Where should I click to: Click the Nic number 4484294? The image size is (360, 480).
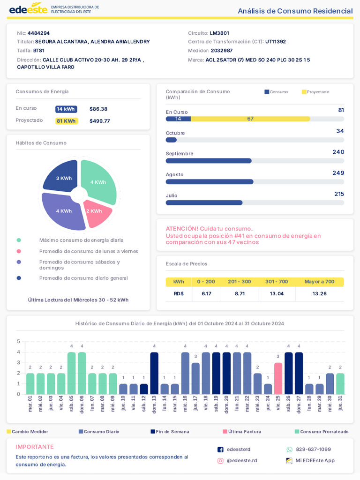[38, 33]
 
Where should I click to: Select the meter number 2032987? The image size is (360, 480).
[222, 51]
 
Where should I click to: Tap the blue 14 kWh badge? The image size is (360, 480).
[66, 109]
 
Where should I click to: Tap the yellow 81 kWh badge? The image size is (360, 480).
[66, 121]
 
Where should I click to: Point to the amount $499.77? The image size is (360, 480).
[99, 121]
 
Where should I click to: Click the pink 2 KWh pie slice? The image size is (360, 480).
[97, 212]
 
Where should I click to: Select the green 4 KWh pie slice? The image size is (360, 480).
[99, 181]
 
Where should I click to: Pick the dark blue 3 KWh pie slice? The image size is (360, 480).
[63, 177]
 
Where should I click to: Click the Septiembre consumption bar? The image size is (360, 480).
[209, 161]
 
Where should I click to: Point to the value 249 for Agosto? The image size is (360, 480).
[338, 173]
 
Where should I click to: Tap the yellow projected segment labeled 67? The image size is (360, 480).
[250, 119]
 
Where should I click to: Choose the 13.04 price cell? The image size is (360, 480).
[277, 294]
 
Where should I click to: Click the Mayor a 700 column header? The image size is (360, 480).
[319, 282]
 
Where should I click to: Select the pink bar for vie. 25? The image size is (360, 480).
[278, 378]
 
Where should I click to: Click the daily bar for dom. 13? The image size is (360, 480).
[154, 373]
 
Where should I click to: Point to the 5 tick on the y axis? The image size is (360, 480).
[19, 342]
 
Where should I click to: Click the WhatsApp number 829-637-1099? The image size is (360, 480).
[313, 450]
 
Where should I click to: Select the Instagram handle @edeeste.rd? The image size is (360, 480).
[242, 461]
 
